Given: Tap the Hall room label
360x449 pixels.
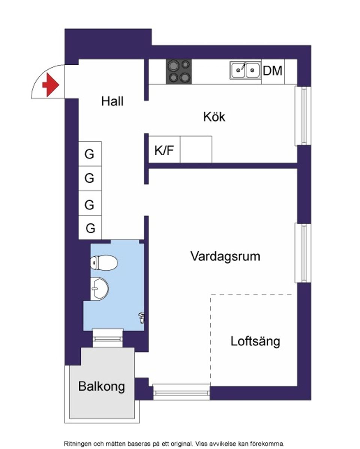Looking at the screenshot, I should coord(112,101).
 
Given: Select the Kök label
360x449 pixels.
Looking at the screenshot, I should coord(214,117).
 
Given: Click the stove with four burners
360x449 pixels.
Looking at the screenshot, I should coord(179,71).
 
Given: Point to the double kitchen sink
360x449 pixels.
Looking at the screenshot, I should coord(245,70).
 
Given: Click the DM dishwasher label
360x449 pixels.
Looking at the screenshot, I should coord(273,70).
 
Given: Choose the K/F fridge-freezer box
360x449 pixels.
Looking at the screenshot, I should coord(164,150).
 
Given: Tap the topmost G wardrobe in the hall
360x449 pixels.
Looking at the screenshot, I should coord(90,154).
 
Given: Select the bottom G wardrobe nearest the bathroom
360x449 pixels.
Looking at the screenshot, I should coord(90,228).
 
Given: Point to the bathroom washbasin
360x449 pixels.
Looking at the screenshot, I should coord(100,289).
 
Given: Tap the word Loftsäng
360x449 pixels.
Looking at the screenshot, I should coord(255,341).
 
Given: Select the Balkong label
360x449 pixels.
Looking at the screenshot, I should coord(101,386).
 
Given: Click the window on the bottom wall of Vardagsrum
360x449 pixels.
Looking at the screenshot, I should coord(181,392).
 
